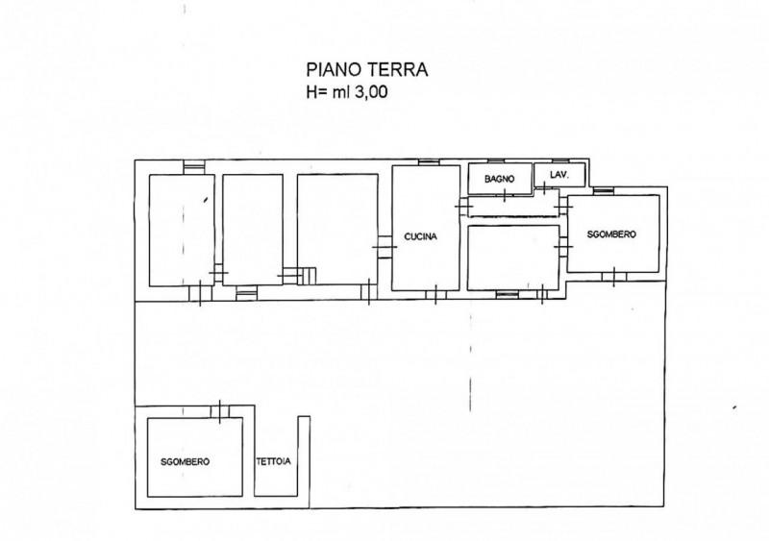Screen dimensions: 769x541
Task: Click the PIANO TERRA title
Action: pos(367,69)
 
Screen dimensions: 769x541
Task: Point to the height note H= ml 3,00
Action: pos(347,91)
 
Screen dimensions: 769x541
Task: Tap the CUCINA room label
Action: pos(420,236)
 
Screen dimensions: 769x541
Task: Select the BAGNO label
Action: pos(499,179)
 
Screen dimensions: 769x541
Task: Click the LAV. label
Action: pos(559,175)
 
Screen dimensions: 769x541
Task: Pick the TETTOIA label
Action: pos(273,461)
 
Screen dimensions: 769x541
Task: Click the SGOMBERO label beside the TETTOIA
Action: pos(185,462)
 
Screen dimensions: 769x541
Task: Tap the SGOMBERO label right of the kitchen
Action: pos(611,234)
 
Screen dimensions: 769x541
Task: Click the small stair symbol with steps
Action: pos(307,276)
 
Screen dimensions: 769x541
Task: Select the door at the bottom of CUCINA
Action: pos(435,295)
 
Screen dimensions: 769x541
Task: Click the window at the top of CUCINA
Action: pos(428,161)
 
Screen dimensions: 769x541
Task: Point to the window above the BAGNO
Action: pos(496,160)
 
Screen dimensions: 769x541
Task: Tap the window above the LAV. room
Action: pos(560,160)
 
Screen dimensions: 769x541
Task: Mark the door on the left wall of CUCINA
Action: pos(384,247)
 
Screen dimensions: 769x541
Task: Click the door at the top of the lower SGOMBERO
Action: pos(220,411)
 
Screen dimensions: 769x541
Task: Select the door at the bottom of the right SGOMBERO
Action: pos(614,277)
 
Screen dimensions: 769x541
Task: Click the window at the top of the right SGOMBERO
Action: pos(604,191)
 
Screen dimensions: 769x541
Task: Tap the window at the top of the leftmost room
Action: pos(194,167)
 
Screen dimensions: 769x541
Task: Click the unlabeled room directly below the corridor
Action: pos(513,258)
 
